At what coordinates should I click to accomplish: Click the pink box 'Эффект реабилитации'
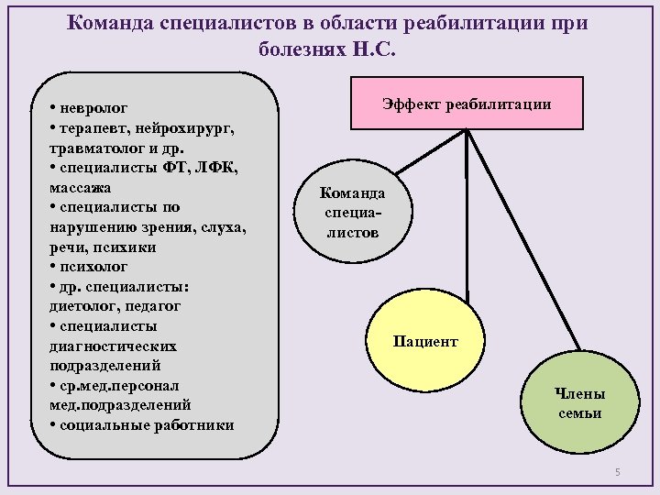[467, 104]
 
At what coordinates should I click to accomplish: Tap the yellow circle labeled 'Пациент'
[425, 340]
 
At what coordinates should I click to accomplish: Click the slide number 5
[617, 472]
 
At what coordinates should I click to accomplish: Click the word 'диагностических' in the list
[113, 346]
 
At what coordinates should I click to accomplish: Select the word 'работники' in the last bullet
[195, 424]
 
